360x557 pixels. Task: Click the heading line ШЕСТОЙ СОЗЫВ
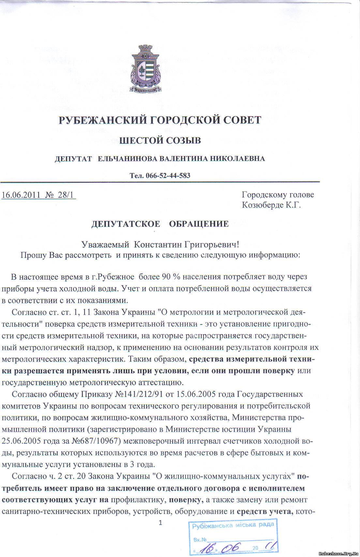coord(160,141)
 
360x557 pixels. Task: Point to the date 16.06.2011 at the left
coord(21,195)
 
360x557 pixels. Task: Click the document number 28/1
coord(66,195)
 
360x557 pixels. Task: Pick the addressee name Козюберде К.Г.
coord(271,205)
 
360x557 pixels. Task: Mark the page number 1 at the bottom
coord(160,523)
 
